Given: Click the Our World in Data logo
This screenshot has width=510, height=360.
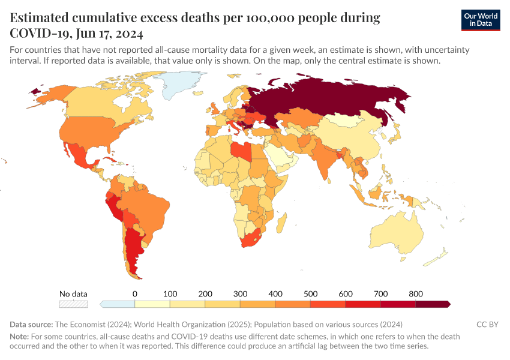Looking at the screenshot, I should coord(480,20).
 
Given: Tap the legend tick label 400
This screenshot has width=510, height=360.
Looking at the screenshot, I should coord(275,294).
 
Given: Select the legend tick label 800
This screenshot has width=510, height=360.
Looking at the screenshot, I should coord(416,294).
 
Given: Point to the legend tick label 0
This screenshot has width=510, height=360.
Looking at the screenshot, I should coord(134,294).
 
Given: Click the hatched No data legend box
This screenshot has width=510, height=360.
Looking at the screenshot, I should coord(73,304).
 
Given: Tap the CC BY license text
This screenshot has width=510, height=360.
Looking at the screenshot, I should coord(487,325).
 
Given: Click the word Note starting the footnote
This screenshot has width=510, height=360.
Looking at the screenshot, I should coord(19,337).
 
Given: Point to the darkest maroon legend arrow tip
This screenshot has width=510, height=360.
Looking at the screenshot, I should coord(448,304).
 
